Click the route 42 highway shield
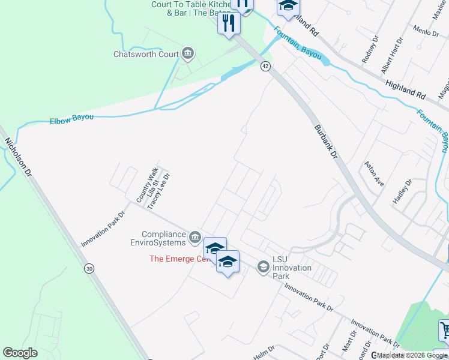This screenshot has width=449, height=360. pyautogui.click(x=265, y=67)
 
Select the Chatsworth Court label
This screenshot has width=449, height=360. pyautogui.click(x=146, y=54)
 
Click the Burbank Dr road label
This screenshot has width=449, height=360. pyautogui.click(x=327, y=142)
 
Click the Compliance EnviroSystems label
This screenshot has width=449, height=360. pyautogui.click(x=164, y=238)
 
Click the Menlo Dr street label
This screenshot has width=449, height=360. pyautogui.click(x=426, y=31)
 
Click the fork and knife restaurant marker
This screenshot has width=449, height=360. pyautogui.click(x=229, y=23)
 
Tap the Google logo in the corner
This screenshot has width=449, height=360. pyautogui.click(x=20, y=353)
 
